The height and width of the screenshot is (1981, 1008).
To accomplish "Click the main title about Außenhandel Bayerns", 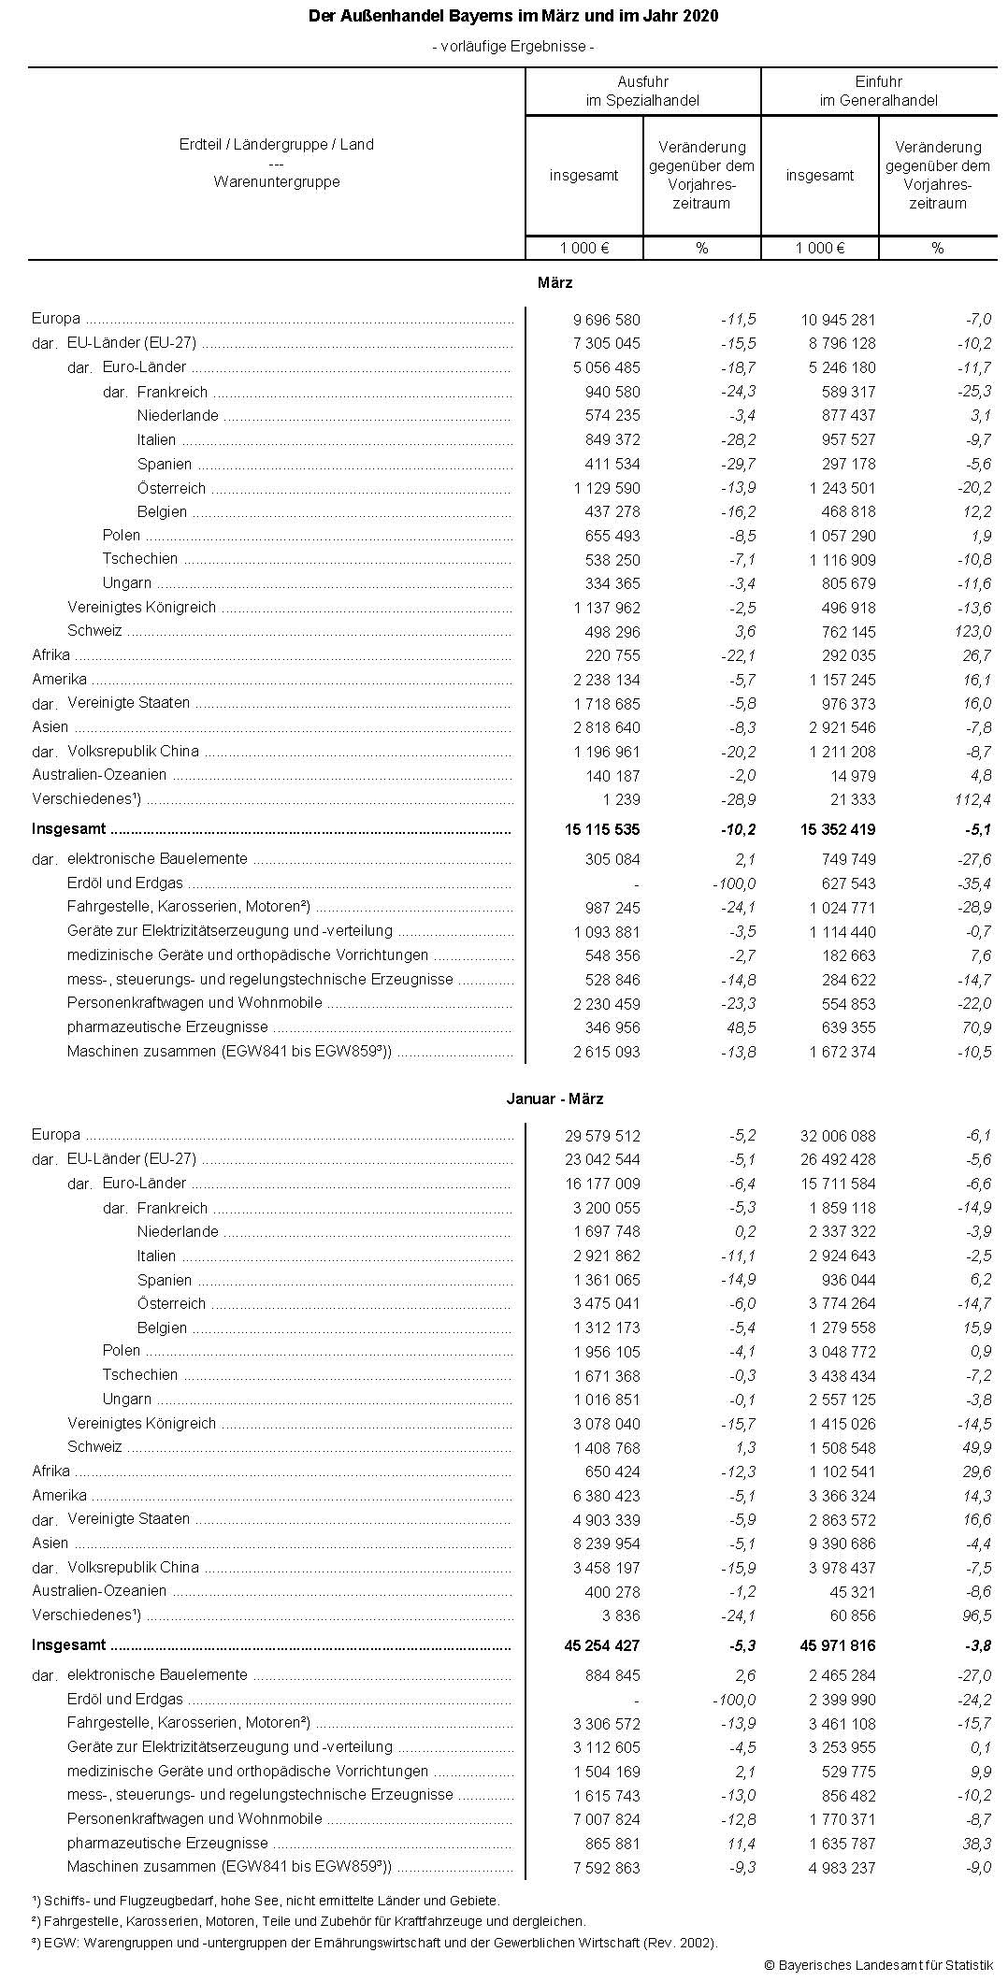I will coord(513,17).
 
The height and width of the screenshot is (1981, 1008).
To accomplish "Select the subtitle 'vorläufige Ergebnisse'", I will coord(513,46).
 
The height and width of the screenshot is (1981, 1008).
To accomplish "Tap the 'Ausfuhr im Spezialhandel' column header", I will coord(642,92).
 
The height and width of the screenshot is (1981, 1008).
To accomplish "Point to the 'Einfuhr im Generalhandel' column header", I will coord(878,92).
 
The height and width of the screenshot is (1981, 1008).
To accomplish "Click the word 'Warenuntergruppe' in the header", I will coord(277,182).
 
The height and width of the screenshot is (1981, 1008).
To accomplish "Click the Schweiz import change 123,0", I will coord(972,632).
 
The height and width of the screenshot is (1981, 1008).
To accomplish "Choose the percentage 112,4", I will coord(972,799).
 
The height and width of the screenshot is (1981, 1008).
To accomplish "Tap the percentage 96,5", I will coord(975,1615).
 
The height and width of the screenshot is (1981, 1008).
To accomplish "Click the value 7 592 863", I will coord(602,1868).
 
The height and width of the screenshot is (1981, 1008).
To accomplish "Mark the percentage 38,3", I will coord(975,1844).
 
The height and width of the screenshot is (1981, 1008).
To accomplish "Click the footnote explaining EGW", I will coord(374,1942).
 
